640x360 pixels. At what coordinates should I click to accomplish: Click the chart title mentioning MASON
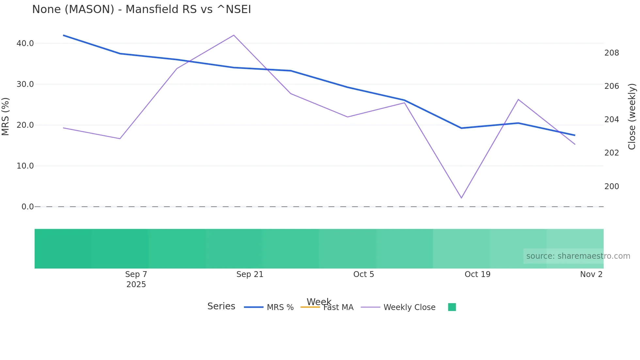pos(141,9)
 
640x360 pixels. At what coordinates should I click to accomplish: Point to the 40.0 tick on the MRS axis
pos(25,43)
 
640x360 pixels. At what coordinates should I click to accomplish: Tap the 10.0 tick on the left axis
pos(25,166)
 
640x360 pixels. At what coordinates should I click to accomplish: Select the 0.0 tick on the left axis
pos(27,207)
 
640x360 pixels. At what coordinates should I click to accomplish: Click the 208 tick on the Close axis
pos(612,53)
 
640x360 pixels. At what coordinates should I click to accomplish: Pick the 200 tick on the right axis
pos(612,187)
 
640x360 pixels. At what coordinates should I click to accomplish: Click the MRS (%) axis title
pos(6,116)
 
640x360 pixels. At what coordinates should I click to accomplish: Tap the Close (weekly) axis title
pos(632,117)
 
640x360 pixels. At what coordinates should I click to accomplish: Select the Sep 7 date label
pos(136,274)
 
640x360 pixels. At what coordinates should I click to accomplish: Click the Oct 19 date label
pos(477,274)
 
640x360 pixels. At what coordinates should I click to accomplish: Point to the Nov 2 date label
pos(591,274)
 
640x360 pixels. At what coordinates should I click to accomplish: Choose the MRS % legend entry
pos(280,307)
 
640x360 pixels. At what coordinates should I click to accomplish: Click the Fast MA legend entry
pos(338,307)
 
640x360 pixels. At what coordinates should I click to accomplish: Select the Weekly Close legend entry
pos(409,307)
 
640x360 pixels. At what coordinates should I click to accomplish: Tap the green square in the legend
pos(452,307)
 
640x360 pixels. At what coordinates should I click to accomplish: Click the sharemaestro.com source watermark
pos(578,256)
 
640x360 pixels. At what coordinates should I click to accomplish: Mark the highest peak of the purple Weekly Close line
pos(234,35)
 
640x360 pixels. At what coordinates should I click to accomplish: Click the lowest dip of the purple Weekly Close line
pos(461,198)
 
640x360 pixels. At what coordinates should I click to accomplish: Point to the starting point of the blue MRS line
pos(63,35)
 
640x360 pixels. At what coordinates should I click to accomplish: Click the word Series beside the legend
pos(221,306)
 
